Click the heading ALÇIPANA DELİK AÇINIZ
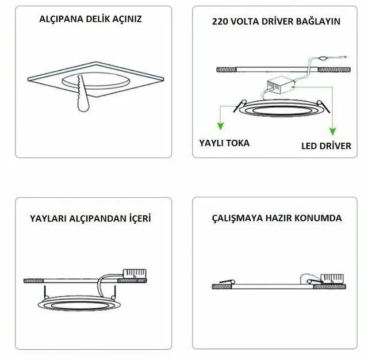point(90,18)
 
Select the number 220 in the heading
point(221,22)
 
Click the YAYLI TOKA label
point(224,142)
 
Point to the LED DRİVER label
point(326,145)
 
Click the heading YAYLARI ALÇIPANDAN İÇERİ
point(91,219)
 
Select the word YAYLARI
point(49,219)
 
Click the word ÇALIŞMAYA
point(237,219)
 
